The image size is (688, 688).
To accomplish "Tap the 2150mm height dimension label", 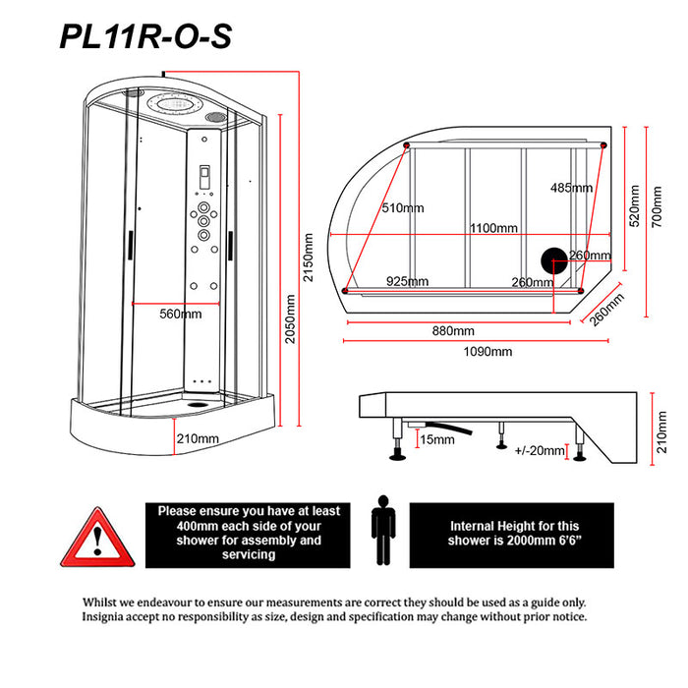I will (309, 258).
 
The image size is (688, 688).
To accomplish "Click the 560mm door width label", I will (180, 315).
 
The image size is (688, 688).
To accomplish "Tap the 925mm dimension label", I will (406, 282).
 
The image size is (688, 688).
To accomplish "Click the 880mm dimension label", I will (452, 330).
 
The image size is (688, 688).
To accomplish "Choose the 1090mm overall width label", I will (489, 352).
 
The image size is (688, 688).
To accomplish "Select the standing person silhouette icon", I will (383, 531).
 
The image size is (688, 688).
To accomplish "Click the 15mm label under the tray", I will (435, 439).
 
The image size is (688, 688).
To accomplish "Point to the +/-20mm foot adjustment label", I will (540, 451).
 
